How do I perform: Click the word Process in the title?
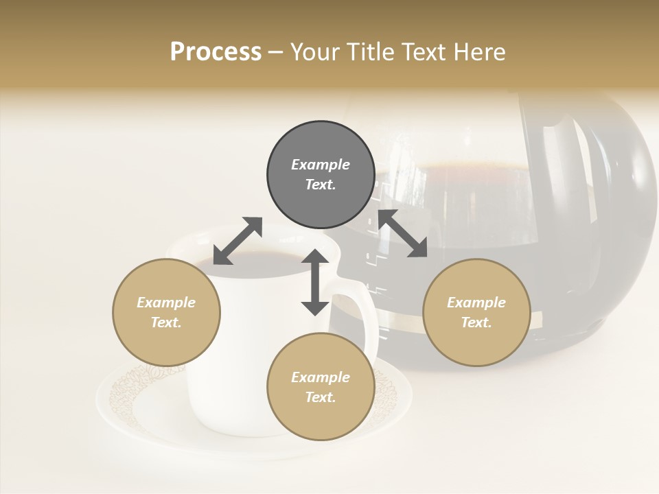[x=216, y=52]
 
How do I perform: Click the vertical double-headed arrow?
[x=315, y=282]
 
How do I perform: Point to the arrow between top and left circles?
[x=238, y=241]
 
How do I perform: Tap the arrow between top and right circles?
[x=402, y=233]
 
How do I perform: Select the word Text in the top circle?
[x=321, y=185]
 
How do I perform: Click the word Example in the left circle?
[x=166, y=303]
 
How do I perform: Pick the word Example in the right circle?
[x=476, y=303]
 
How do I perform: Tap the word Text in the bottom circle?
[x=321, y=397]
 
